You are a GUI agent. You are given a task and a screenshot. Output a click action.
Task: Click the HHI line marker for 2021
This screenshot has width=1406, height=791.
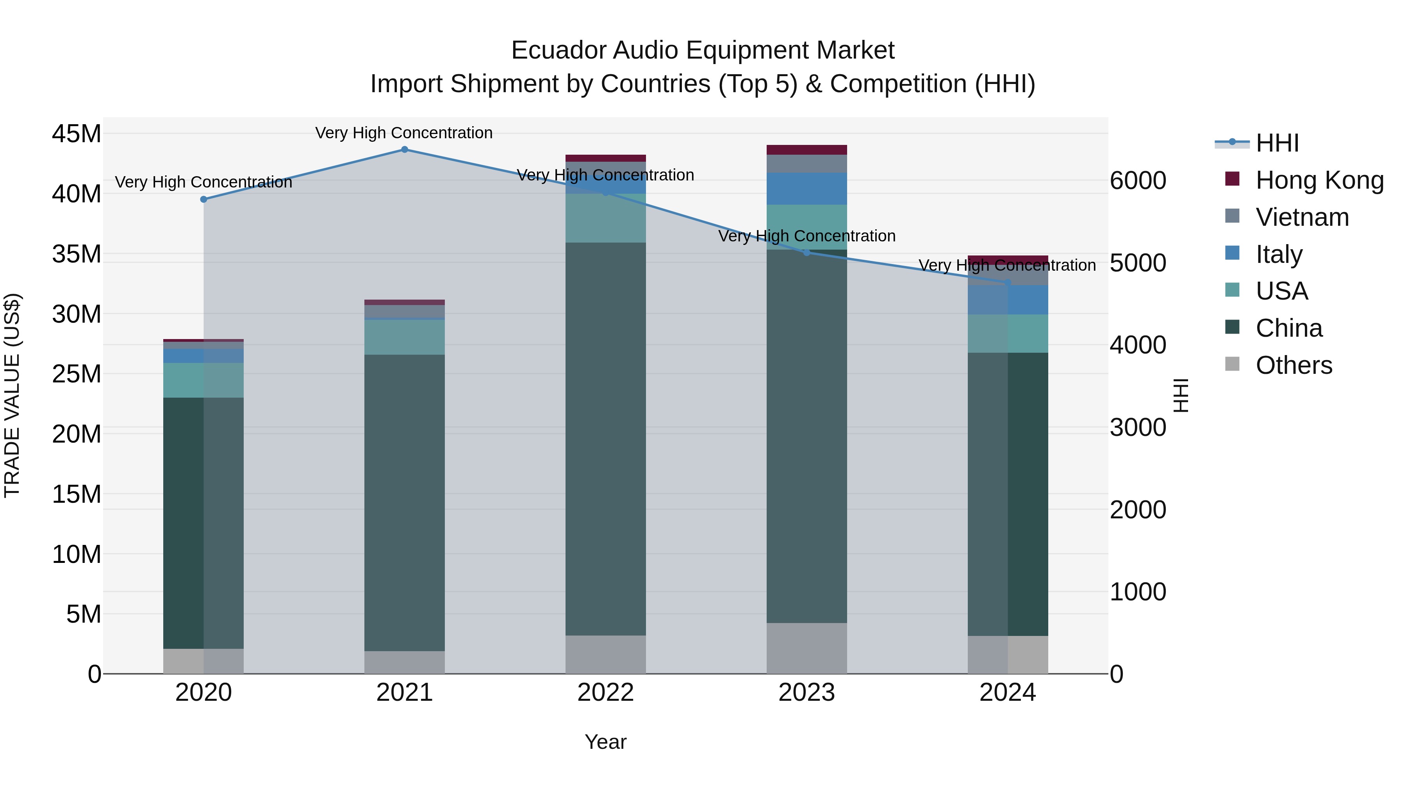[x=405, y=149]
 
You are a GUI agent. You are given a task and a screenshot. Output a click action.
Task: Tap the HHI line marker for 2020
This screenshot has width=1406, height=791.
[x=203, y=199]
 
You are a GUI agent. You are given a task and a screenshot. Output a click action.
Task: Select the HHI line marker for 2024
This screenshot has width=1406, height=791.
[x=1008, y=283]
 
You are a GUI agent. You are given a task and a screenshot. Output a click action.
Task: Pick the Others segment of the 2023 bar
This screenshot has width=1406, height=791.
[x=807, y=648]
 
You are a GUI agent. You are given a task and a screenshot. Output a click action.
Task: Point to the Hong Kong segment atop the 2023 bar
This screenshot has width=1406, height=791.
[x=807, y=150]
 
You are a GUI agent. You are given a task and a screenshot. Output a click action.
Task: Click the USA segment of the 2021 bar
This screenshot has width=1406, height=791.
[x=405, y=337]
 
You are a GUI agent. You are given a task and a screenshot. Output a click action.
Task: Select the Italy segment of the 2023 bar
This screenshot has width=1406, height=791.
[x=807, y=188]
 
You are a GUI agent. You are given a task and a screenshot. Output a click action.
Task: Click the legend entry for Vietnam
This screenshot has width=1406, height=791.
[x=1302, y=217]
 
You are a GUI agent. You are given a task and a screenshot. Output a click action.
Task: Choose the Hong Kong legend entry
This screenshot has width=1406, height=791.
[x=1319, y=180]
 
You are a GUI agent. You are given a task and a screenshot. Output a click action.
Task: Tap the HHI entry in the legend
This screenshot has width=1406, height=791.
[x=1277, y=143]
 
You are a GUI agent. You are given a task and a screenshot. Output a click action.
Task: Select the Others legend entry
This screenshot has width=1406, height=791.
[x=1294, y=365]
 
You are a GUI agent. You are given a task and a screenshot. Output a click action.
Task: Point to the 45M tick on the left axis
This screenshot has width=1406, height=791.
[x=77, y=134]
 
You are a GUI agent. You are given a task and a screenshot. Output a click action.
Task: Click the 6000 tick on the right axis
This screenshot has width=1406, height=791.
[x=1138, y=181]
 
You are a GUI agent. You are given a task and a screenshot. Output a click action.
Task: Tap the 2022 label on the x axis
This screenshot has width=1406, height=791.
[x=605, y=693]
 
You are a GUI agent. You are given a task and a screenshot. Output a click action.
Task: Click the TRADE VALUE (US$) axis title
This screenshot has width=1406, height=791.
[x=12, y=395]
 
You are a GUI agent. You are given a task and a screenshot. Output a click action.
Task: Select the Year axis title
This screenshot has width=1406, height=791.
[x=605, y=742]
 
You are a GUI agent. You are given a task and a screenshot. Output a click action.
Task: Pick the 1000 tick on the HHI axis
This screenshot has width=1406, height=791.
[x=1138, y=592]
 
